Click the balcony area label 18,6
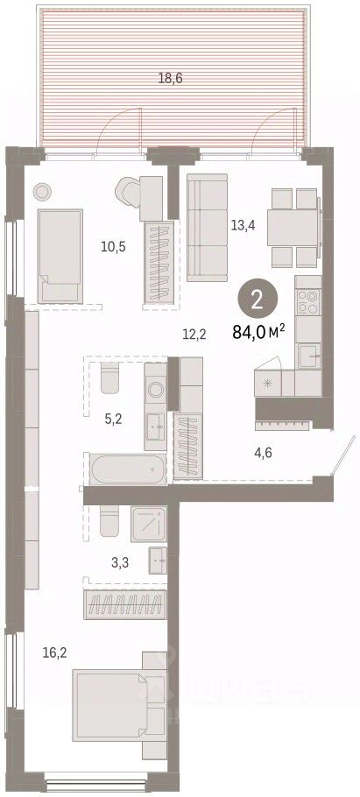(x=170, y=78)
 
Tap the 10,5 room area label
(x=113, y=248)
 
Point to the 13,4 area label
(x=243, y=226)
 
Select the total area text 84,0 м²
(x=258, y=333)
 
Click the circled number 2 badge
(x=258, y=300)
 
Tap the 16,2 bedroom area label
(x=55, y=652)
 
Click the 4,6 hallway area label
(x=262, y=452)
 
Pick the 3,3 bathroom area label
(x=121, y=561)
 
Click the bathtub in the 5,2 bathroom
(x=127, y=469)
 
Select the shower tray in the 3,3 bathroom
(x=149, y=524)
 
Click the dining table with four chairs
(x=294, y=228)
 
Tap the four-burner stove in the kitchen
(x=308, y=302)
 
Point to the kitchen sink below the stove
(x=309, y=356)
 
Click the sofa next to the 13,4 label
(x=207, y=227)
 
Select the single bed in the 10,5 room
(x=60, y=256)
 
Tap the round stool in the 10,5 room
(x=42, y=192)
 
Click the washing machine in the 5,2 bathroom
(x=156, y=390)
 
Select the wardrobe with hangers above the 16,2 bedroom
(x=125, y=605)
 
